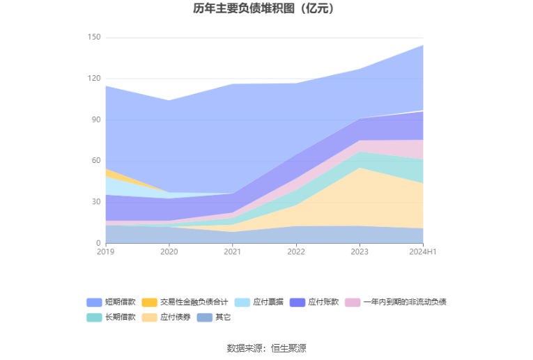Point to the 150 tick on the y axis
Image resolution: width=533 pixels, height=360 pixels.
pos(94,38)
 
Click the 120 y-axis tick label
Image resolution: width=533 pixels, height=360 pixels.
pos(94,79)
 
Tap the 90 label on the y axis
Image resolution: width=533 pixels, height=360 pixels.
pos(96,120)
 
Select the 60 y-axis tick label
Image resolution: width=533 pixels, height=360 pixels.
pos(96,161)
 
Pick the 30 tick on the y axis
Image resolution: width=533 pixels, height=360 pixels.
pos(96,202)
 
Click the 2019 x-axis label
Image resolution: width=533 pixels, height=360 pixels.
pos(106,251)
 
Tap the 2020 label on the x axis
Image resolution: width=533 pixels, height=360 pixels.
pos(169,251)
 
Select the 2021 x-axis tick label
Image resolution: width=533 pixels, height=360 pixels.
pos(233,251)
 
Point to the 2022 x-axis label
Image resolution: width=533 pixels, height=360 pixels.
pos(296,251)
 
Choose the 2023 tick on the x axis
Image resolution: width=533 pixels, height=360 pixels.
pos(360,251)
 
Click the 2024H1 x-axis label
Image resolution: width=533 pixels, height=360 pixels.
pos(423,251)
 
